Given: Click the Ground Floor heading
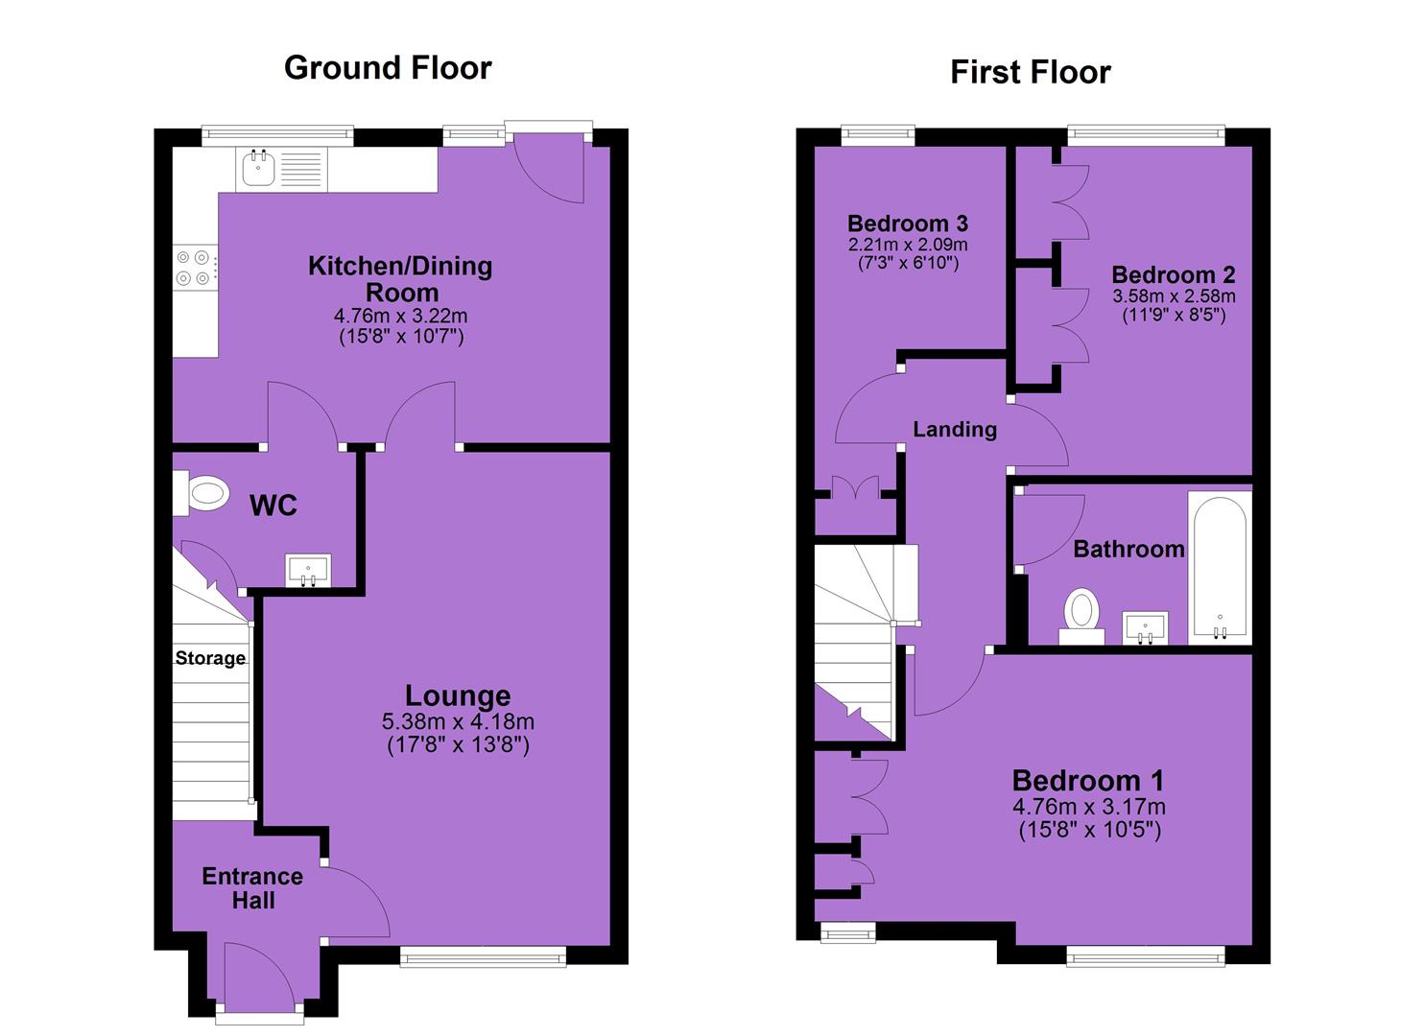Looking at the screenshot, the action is click(x=388, y=67).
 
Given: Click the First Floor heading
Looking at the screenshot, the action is click(x=1031, y=72).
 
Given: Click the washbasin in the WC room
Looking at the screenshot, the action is click(x=309, y=570).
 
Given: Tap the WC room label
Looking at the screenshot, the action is click(x=273, y=506).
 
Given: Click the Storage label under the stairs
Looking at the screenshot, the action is click(x=210, y=658).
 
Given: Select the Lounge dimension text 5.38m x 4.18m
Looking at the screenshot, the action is click(x=458, y=721).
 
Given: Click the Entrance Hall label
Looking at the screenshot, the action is click(x=252, y=888).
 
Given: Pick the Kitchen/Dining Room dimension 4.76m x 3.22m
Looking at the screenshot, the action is click(x=401, y=316).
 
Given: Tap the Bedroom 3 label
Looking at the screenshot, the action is click(x=908, y=224).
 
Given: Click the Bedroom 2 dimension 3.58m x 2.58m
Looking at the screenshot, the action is click(x=1174, y=295).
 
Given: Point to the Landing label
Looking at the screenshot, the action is click(x=955, y=430).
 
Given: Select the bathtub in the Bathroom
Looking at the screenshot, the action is click(x=1221, y=567).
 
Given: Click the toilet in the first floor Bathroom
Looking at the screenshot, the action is click(x=1081, y=616).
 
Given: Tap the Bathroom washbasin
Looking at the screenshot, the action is click(x=1145, y=628).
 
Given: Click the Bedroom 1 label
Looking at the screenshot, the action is click(x=1088, y=780).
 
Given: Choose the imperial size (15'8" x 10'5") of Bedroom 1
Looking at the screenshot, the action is click(x=1090, y=830).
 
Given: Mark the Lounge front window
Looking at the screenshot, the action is click(x=483, y=957).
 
